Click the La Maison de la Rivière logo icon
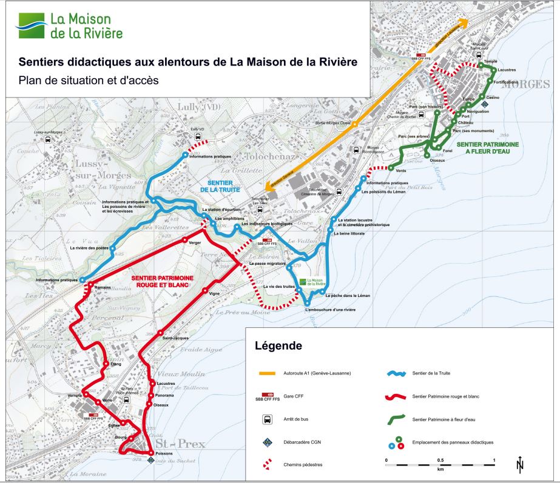coord(31,25)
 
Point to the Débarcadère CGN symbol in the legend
coord(266,442)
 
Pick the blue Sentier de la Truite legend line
coord(397,373)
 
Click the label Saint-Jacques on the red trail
coord(176,338)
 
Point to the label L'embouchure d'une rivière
coord(330,310)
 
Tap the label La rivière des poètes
coord(89,248)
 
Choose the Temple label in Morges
coord(490,62)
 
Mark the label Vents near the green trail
coord(401,170)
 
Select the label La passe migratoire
coord(268,264)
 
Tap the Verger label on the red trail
coord(195,242)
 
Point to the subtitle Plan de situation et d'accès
coord(88,79)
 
